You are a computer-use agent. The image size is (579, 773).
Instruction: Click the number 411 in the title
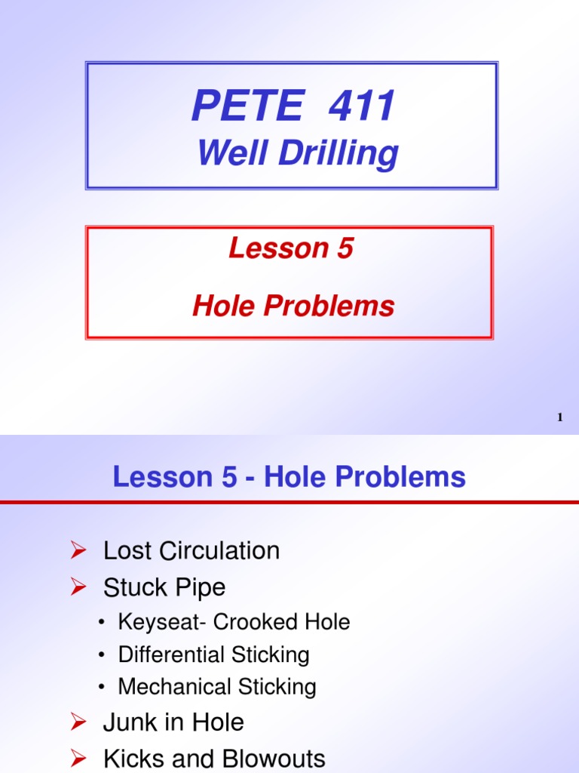coord(361,106)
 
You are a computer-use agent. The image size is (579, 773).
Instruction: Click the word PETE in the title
coord(247,106)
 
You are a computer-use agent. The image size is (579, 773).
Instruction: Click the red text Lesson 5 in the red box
coord(291,248)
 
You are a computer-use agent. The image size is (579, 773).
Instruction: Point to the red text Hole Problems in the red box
coord(293,306)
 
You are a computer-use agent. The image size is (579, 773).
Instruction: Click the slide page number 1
coord(560,417)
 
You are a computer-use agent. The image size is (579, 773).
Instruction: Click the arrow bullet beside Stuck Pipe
coord(75,588)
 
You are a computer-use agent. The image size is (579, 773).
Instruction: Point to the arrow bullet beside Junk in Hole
coord(75,723)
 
